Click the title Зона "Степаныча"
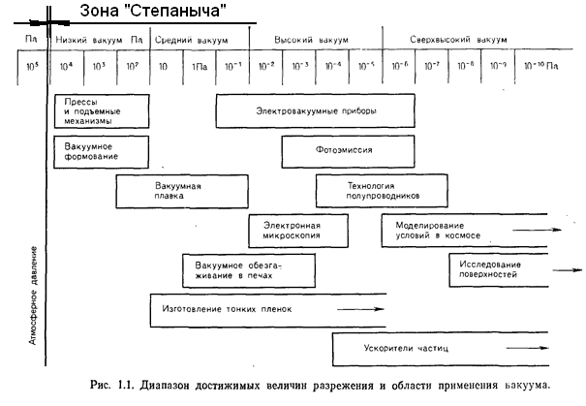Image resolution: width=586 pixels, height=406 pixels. click(144, 11)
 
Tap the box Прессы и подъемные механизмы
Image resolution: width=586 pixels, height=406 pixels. click(102, 111)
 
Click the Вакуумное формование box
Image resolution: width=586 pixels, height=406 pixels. click(102, 151)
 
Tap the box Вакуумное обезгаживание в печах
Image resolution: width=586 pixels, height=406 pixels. click(237, 269)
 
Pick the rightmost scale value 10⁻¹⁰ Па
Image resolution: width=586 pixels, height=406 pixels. click(541, 67)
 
